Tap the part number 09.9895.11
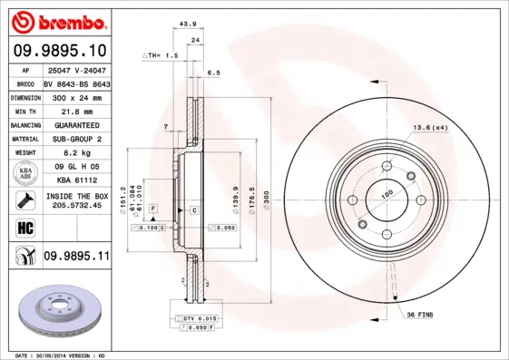pos(76,257)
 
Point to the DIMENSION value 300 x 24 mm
pos(75,95)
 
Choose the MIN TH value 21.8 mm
pos(75,110)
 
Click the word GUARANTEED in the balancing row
pos(75,124)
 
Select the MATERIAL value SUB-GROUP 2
pos(75,139)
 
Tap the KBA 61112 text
pos(75,181)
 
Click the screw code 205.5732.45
pos(75,206)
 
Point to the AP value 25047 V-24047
pos(75,69)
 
